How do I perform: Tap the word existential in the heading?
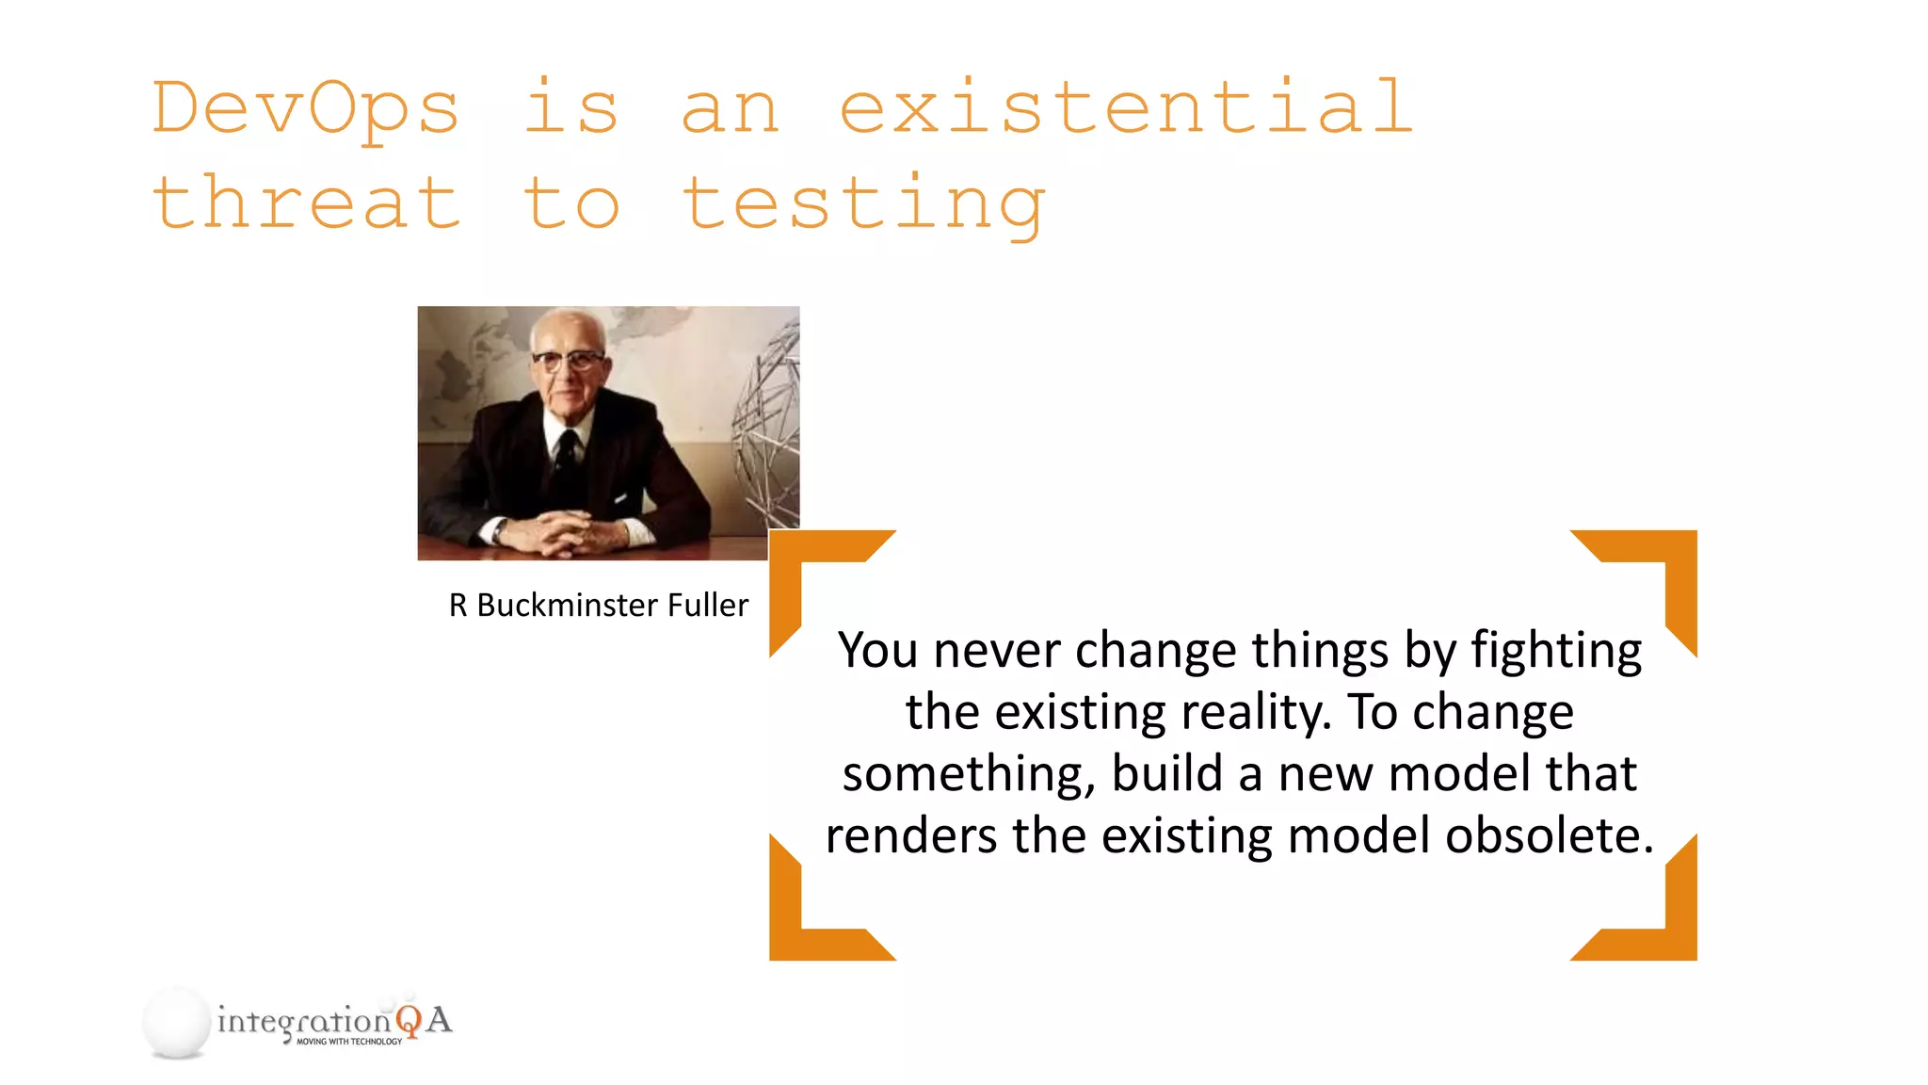1126,107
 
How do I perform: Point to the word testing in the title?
863,204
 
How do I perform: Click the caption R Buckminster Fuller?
598,605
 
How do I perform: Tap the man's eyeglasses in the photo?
568,360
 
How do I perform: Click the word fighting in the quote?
1555,652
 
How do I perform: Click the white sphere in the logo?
176,1021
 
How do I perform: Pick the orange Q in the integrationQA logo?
408,1021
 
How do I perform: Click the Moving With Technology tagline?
349,1042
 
